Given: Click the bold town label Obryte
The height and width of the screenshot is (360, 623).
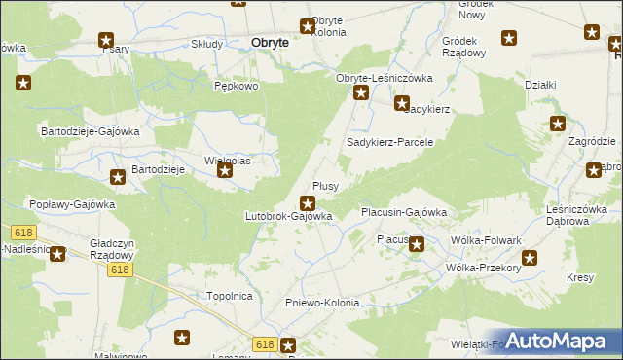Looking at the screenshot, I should pyautogui.click(x=269, y=43).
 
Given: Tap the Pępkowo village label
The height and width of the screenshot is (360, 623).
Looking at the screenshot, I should pyautogui.click(x=236, y=86).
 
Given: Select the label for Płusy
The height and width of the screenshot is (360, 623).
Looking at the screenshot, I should pyautogui.click(x=324, y=186).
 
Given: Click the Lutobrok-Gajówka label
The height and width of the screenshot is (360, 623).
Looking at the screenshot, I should pyautogui.click(x=289, y=216).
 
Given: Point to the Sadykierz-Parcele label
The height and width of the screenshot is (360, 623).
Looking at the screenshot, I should pyautogui.click(x=389, y=142).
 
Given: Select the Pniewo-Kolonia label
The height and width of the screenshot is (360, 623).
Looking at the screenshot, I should pyautogui.click(x=322, y=303).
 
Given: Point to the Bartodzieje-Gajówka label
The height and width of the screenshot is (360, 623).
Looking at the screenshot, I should pyautogui.click(x=90, y=130).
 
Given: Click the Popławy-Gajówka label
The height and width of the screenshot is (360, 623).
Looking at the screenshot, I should pyautogui.click(x=72, y=205).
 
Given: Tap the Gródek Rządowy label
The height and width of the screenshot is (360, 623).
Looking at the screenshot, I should pyautogui.click(x=463, y=48).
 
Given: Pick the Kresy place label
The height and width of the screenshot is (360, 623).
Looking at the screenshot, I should pyautogui.click(x=580, y=278).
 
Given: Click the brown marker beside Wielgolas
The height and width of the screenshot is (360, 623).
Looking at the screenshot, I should pyautogui.click(x=225, y=172).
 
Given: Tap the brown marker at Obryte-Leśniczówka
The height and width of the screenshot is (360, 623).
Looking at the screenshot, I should pyautogui.click(x=361, y=93).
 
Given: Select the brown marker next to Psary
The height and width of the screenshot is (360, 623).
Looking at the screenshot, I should pyautogui.click(x=106, y=40).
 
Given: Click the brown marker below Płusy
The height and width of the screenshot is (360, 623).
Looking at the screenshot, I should pyautogui.click(x=308, y=203).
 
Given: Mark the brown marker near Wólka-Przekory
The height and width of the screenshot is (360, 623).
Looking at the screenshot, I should pyautogui.click(x=530, y=258).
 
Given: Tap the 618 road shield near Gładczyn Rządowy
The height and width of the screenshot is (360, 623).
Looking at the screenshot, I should pyautogui.click(x=120, y=270).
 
